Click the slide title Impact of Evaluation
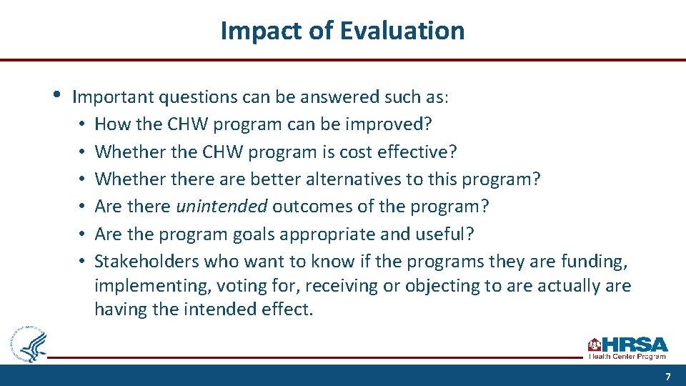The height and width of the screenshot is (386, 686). tap(342, 31)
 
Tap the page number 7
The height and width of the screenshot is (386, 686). tap(667, 377)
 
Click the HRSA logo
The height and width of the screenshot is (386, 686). tap(627, 346)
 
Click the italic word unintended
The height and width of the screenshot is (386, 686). tap(222, 207)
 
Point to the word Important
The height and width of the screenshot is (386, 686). tap(114, 96)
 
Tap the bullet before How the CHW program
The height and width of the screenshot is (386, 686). tap(83, 124)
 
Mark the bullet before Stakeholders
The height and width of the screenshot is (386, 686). tap(83, 262)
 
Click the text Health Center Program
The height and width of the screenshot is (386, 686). tap(627, 356)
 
